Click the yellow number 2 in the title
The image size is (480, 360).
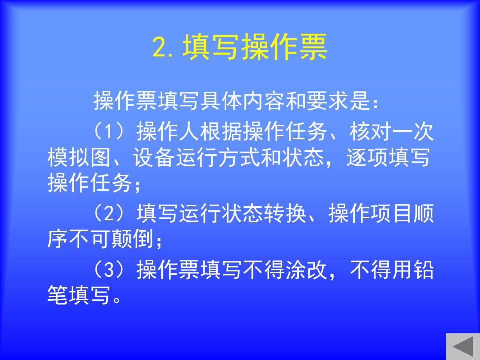click(x=160, y=47)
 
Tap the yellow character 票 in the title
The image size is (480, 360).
click(x=313, y=47)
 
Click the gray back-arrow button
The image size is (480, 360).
click(x=463, y=347)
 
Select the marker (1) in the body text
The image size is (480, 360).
click(x=109, y=131)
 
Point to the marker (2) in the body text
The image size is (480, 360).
click(x=109, y=213)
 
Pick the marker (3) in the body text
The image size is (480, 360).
click(x=109, y=269)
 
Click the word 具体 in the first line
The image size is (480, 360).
click(x=221, y=101)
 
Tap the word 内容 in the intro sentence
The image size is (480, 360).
click(x=264, y=101)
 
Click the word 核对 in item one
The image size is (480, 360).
click(x=370, y=131)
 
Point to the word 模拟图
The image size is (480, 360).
click(x=79, y=157)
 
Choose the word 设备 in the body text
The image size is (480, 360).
click(x=153, y=157)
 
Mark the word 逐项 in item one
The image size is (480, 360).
click(x=367, y=157)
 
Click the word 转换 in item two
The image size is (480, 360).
click(x=285, y=213)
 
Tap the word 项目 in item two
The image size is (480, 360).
click(x=392, y=213)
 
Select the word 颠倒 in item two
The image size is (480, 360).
click(x=132, y=239)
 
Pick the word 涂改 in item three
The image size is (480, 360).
click(x=306, y=269)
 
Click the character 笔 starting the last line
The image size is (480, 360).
click(x=58, y=295)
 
